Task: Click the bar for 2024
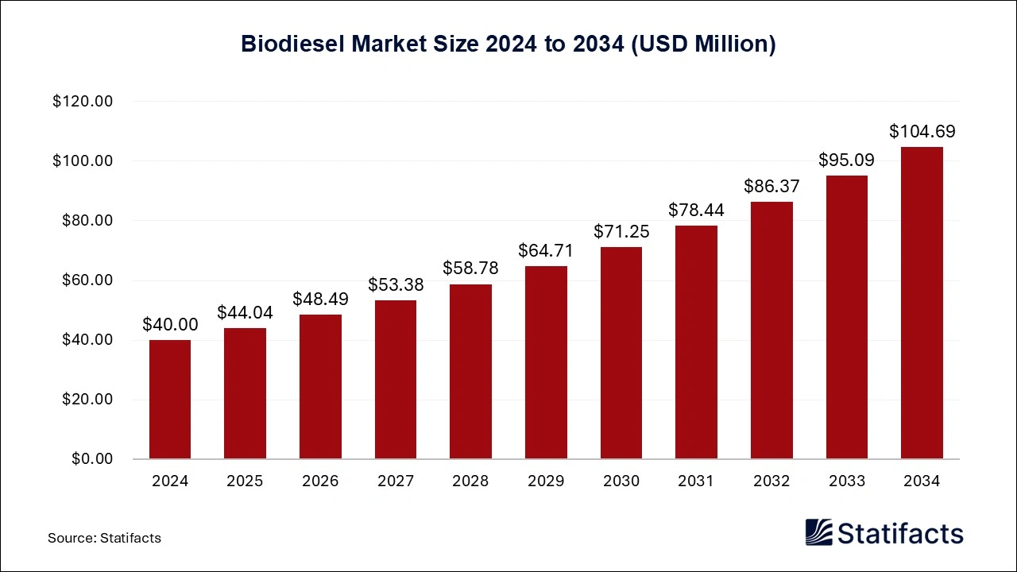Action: point(170,400)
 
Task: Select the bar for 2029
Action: point(546,362)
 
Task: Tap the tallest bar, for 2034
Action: point(922,303)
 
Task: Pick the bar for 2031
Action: point(696,342)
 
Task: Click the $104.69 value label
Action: point(922,131)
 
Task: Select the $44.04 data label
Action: point(245,312)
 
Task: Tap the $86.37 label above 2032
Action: point(771,186)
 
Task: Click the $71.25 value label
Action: point(621,231)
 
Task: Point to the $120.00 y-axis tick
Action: point(83,102)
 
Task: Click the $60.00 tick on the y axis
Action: point(87,280)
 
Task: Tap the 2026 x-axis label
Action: point(320,481)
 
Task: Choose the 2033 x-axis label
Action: point(847,481)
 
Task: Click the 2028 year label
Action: point(470,481)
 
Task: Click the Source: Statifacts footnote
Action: point(104,538)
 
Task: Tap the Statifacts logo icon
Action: point(818,532)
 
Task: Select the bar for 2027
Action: point(396,380)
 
